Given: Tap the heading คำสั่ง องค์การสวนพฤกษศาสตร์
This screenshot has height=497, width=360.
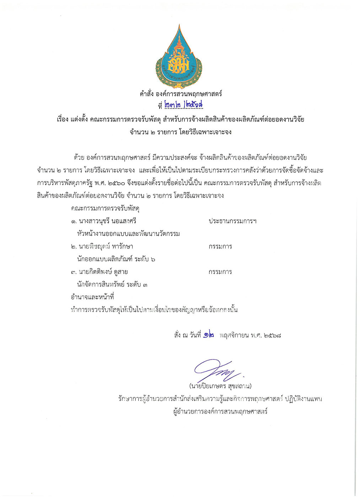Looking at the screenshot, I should [x=181, y=94].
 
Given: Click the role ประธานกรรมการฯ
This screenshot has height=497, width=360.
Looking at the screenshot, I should [x=232, y=221].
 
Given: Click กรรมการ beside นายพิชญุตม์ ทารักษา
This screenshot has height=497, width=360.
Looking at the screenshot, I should [x=220, y=246].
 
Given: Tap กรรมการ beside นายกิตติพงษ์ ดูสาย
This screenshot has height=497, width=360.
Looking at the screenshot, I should [x=220, y=272].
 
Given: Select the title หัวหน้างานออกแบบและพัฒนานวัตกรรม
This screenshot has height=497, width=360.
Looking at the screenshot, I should [x=128, y=234].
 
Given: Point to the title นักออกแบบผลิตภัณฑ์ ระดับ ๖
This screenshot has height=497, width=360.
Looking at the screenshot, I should [x=116, y=259].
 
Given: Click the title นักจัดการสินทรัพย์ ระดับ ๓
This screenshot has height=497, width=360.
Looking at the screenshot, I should [x=112, y=284].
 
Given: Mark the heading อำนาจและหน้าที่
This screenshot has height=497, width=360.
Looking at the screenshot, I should [x=92, y=297].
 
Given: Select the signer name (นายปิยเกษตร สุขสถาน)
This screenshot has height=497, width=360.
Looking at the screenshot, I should [x=220, y=386].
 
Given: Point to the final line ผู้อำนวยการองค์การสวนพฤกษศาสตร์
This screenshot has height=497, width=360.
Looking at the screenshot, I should [x=220, y=412].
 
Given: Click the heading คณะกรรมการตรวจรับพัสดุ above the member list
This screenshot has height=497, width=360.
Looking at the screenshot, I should [x=105, y=208].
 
